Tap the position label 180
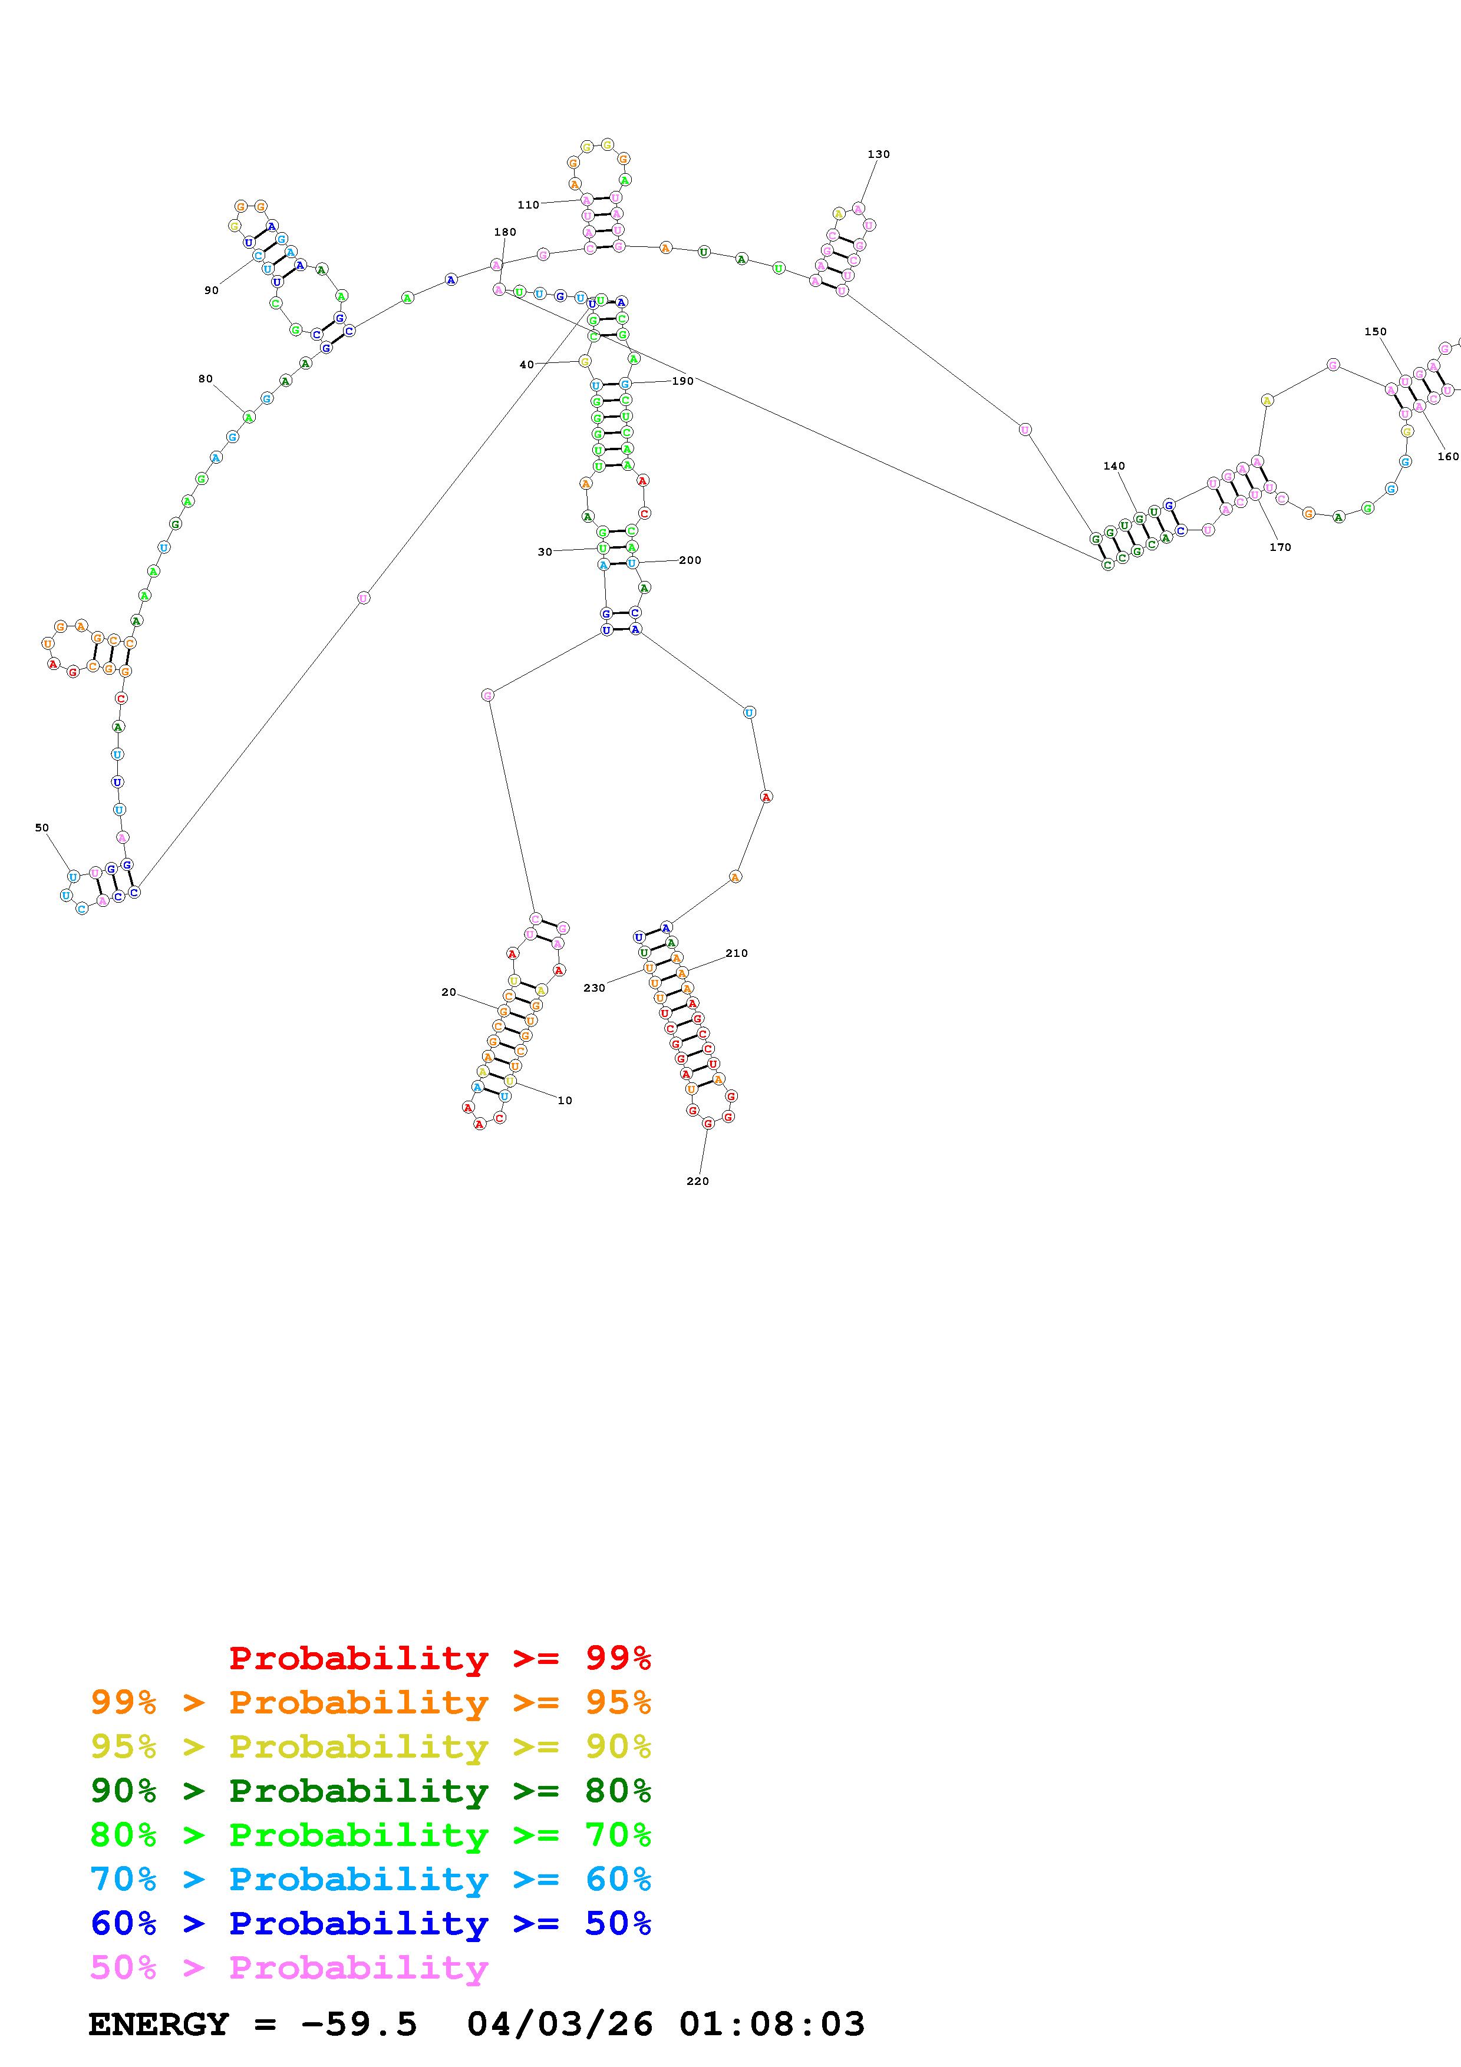click(x=505, y=232)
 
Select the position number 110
click(x=529, y=204)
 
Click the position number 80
click(x=205, y=378)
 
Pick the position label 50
click(x=41, y=827)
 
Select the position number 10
click(x=565, y=1100)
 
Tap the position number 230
click(x=594, y=988)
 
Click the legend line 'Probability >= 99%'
click(x=439, y=1658)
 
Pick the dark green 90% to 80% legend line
click(x=370, y=1791)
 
